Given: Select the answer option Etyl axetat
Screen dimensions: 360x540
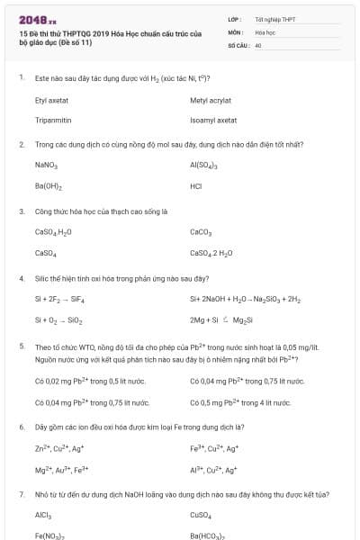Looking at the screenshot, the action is (51, 102).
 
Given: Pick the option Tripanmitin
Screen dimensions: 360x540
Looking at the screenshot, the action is (53, 120).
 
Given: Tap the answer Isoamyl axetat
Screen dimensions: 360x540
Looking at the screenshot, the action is (213, 120).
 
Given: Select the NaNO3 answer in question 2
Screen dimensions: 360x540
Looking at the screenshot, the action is (46, 166).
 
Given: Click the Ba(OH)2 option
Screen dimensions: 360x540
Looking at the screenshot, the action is (48, 186).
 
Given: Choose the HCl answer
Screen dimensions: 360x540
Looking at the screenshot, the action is (196, 186).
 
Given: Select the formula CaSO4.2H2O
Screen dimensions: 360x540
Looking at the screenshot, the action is (211, 253).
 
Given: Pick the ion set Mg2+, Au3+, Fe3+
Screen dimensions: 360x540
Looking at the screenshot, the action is (61, 469).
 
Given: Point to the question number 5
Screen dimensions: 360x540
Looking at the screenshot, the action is (22, 346).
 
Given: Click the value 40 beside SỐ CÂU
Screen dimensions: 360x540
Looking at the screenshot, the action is (258, 43).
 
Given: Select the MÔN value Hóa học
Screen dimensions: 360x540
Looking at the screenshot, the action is (265, 31).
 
